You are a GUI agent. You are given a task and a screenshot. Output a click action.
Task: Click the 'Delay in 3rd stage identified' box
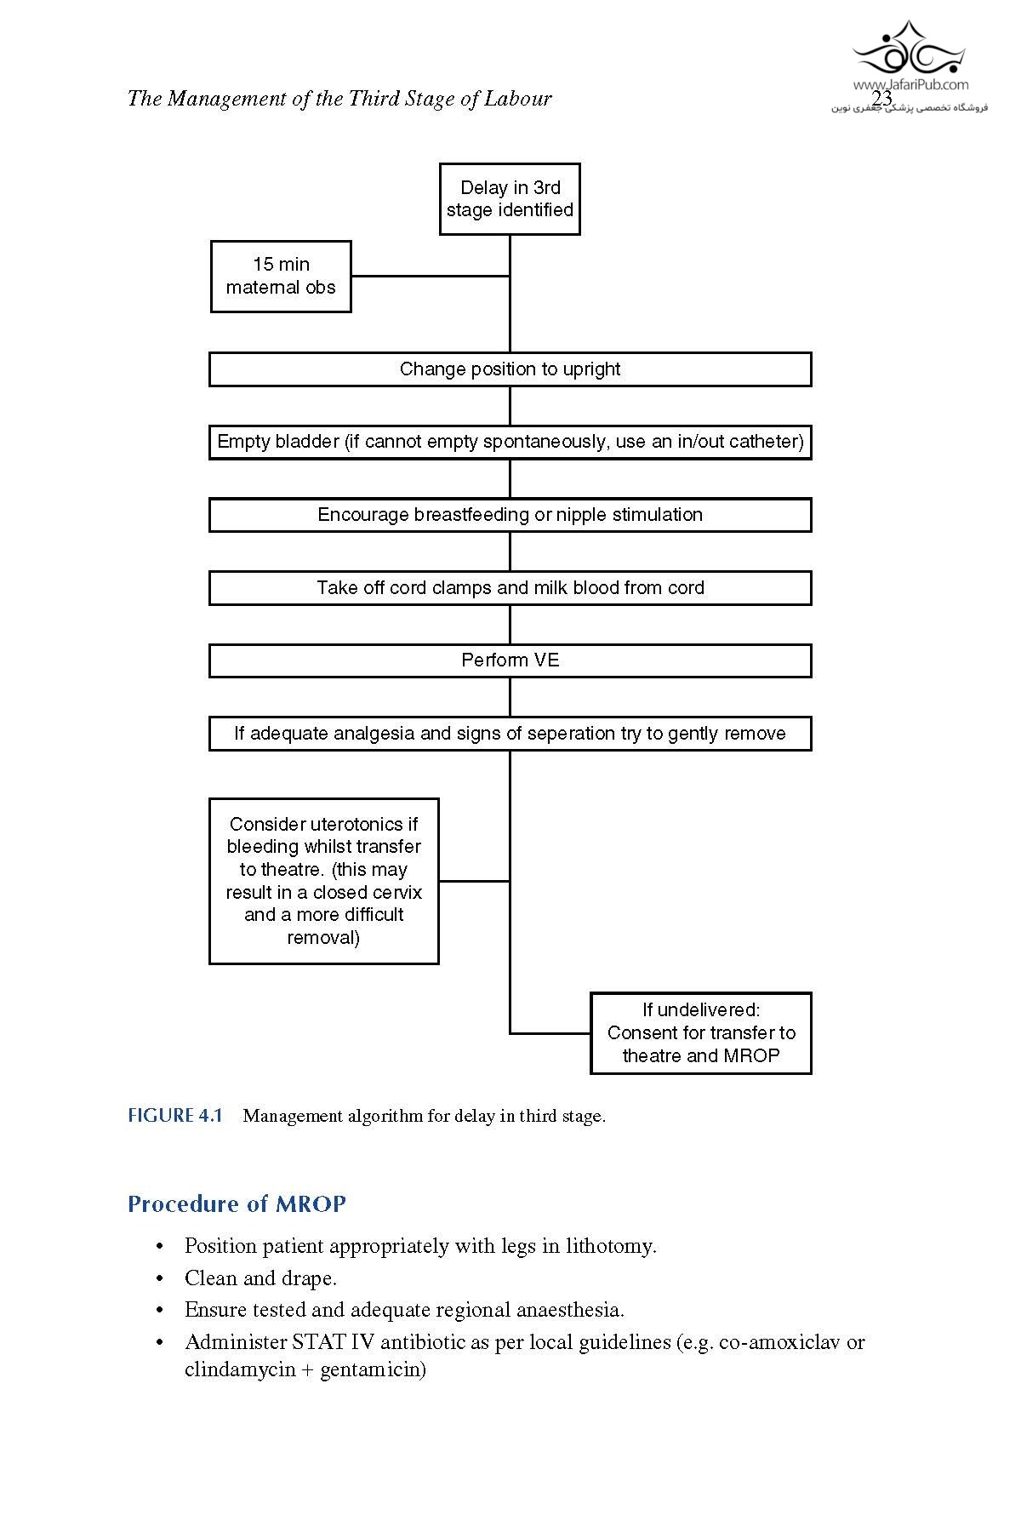pos(510,199)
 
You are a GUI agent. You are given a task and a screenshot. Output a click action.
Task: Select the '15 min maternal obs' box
pos(281,277)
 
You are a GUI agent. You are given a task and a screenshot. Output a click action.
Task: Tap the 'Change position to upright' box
pos(510,369)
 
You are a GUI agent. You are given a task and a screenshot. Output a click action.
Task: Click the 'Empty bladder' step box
pos(510,442)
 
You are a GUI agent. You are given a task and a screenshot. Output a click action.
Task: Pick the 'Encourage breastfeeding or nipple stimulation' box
pos(510,515)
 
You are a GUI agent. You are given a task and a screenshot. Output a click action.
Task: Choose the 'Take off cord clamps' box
pos(510,588)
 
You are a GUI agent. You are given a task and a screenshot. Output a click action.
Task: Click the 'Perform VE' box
pos(510,660)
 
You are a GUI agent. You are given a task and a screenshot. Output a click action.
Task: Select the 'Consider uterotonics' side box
pos(323,881)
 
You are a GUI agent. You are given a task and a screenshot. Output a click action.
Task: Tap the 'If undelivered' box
pos(701,1033)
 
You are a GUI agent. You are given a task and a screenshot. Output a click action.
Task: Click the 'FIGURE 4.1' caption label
pos(174,1116)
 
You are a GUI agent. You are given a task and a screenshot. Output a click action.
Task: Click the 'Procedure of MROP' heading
pos(237,1204)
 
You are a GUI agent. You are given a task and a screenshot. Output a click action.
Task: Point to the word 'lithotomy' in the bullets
pos(610,1246)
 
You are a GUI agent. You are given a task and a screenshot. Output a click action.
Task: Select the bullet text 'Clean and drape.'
pos(260,1278)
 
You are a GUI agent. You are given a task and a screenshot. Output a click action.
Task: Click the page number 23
pos(882,99)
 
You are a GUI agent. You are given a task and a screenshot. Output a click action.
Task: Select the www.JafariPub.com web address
pos(910,84)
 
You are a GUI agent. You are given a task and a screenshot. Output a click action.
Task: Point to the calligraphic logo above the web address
pos(909,49)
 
